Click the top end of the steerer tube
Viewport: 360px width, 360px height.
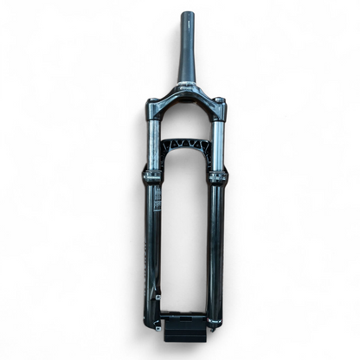pos(186,15)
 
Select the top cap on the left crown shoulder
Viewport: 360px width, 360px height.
pos(150,103)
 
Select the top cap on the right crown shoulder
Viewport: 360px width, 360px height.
pos(220,103)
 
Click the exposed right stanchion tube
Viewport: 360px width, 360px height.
pos(218,143)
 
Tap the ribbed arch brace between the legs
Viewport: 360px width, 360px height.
pos(184,145)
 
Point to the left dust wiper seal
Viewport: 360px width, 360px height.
pos(151,177)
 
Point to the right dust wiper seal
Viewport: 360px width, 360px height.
pos(216,177)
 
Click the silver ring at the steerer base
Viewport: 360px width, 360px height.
pos(185,86)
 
